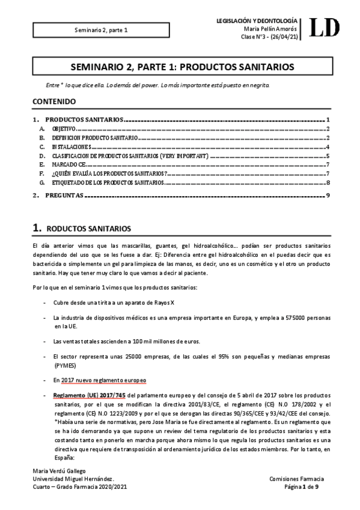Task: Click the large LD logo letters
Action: [x=324, y=28]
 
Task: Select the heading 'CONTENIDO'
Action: [x=54, y=102]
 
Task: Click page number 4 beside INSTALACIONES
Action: [x=328, y=147]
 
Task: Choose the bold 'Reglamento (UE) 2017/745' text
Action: [x=89, y=395]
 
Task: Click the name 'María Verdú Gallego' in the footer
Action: [x=61, y=471]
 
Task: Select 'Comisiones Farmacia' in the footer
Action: [x=297, y=479]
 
